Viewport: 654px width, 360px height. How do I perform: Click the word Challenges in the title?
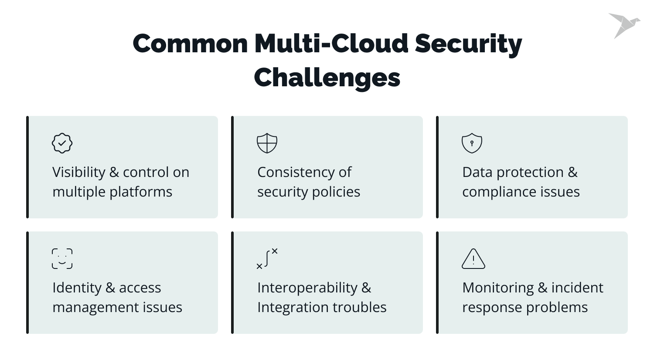point(327,78)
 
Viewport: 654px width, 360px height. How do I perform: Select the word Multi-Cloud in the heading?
point(331,44)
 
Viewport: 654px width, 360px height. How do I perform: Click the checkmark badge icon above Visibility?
point(62,143)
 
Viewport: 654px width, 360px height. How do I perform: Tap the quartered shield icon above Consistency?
point(267,143)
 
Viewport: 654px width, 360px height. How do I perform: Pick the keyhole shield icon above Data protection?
point(472,143)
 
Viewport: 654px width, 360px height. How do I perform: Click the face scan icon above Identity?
point(62,258)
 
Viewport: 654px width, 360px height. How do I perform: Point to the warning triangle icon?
point(473,259)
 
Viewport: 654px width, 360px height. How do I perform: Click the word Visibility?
point(78,173)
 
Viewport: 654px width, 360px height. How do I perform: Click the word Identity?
point(77,288)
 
